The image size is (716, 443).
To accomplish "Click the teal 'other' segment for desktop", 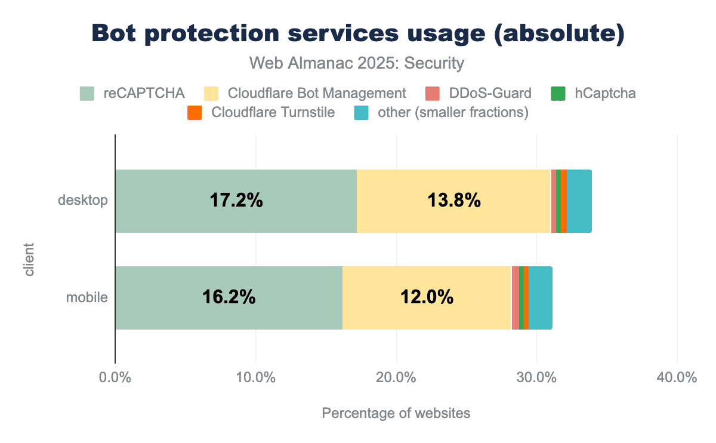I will tap(579, 201).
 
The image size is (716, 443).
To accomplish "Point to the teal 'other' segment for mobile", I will tap(540, 298).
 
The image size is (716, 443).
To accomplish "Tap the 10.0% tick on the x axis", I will tap(255, 378).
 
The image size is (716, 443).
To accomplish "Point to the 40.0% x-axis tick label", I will tap(677, 378).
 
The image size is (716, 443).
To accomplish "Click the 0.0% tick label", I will tap(115, 378).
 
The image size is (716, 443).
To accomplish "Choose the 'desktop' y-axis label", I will tap(83, 201).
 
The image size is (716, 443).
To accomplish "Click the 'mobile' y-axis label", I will tap(87, 297).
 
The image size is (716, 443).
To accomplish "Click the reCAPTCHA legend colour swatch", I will tap(87, 94).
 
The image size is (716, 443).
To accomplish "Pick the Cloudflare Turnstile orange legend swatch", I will tap(195, 113).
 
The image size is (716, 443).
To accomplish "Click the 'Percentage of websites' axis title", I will tap(396, 413).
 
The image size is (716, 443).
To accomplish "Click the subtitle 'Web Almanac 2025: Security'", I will tap(357, 63).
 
